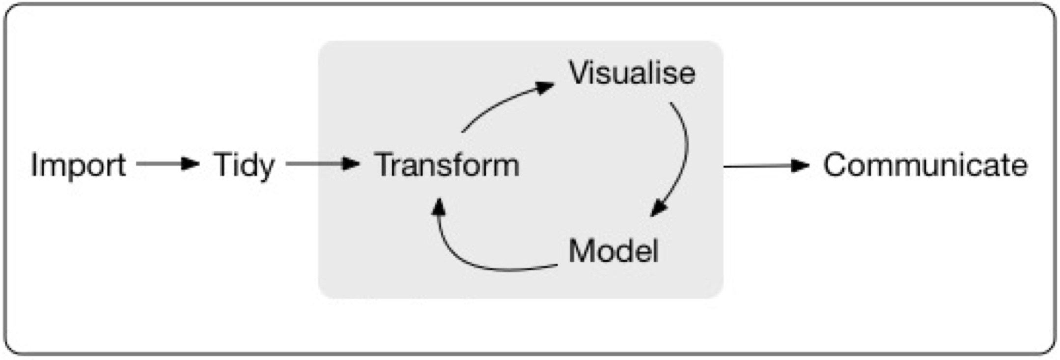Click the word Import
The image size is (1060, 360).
click(x=78, y=166)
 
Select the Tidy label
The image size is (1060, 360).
click(x=244, y=166)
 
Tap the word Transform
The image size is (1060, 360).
click(x=446, y=165)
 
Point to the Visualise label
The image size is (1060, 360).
click(x=632, y=73)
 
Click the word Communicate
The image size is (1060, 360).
click(x=925, y=165)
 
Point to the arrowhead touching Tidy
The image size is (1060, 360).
click(x=191, y=164)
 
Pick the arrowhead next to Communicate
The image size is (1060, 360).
click(x=800, y=166)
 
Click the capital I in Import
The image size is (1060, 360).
click(x=34, y=165)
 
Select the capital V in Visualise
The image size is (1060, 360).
click(x=580, y=73)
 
